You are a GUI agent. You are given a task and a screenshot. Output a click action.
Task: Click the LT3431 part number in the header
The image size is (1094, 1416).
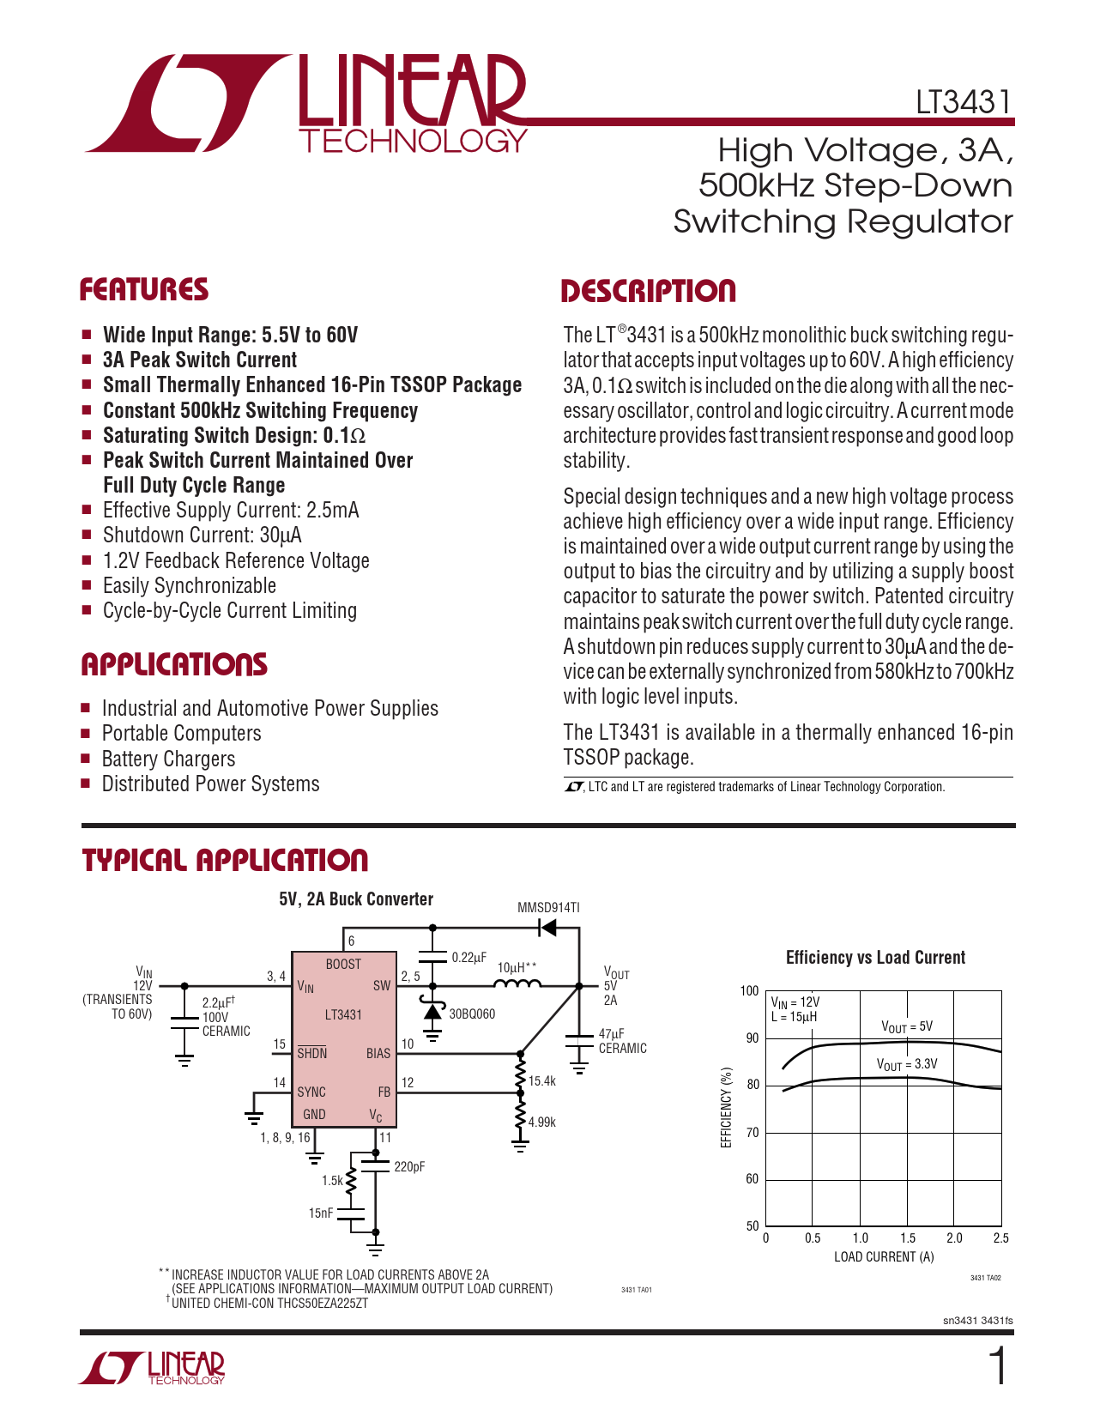(964, 102)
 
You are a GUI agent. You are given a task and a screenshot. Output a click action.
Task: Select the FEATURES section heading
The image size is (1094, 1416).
(144, 290)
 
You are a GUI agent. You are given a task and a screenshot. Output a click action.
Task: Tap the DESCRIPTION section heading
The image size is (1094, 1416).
(648, 292)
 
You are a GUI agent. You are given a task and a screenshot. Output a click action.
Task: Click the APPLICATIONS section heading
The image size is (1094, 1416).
(174, 665)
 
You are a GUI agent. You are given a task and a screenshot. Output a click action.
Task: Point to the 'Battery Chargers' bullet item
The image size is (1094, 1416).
(168, 759)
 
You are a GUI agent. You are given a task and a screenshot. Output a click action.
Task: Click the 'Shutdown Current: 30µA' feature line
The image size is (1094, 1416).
(202, 536)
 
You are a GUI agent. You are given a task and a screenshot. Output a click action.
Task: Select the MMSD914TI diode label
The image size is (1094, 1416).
(548, 908)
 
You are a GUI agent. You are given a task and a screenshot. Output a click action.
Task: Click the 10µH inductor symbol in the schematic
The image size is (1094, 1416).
(518, 985)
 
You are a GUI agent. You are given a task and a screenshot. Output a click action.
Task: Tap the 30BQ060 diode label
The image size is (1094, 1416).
(472, 1014)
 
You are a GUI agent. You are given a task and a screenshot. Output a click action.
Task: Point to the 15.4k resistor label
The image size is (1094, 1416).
(542, 1081)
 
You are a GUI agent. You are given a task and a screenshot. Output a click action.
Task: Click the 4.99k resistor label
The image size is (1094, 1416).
(542, 1122)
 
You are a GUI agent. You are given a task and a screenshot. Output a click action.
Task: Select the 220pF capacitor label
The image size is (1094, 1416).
(409, 1167)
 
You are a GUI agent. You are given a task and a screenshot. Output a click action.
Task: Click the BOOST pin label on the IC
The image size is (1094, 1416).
(343, 965)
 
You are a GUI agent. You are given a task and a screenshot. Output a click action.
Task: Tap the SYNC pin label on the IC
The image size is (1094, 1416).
(311, 1092)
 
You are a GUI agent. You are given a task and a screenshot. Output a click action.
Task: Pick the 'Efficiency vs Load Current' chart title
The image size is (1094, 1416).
(875, 958)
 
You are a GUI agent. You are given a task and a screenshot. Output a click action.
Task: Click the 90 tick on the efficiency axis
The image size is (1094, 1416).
(752, 1038)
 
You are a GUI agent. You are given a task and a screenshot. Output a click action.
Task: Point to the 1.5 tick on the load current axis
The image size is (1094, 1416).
(908, 1238)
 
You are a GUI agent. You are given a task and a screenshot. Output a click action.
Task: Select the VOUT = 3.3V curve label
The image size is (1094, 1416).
(907, 1064)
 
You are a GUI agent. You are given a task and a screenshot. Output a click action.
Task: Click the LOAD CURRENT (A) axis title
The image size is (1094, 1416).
(884, 1257)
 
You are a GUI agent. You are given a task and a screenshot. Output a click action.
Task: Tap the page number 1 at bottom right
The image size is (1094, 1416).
(998, 1367)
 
